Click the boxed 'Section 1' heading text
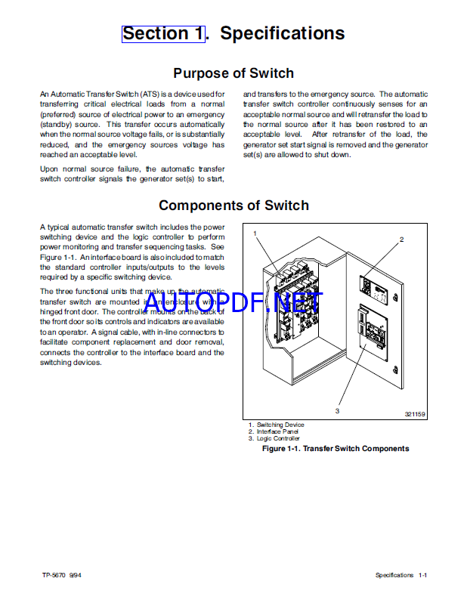[x=162, y=33]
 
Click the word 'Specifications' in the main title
[x=282, y=33]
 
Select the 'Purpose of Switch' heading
[x=233, y=73]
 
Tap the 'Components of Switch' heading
[x=233, y=205]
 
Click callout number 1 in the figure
[x=255, y=233]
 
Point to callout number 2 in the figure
[x=401, y=240]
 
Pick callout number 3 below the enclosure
[x=337, y=411]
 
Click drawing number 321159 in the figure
[x=415, y=414]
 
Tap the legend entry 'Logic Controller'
[x=278, y=438]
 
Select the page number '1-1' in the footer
[x=423, y=575]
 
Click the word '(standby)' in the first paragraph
[x=57, y=123]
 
